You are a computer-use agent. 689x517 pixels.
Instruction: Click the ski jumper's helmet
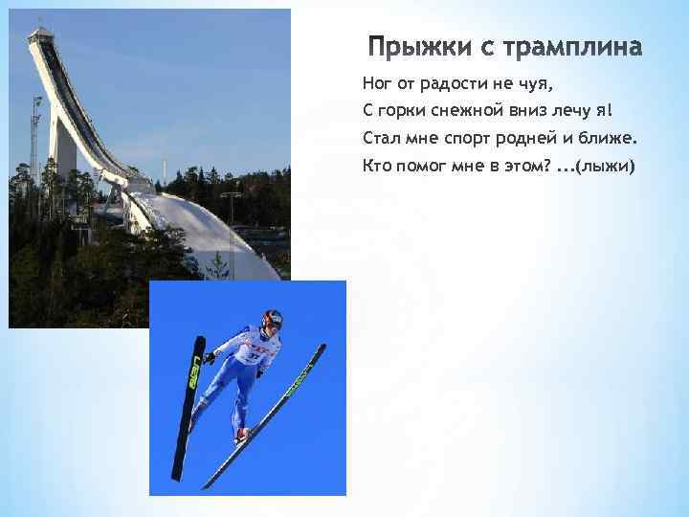(273, 319)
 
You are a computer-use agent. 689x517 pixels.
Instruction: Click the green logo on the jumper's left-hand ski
(194, 370)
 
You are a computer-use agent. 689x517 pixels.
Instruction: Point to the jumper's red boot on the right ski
(242, 435)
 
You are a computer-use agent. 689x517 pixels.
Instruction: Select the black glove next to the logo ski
(210, 358)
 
